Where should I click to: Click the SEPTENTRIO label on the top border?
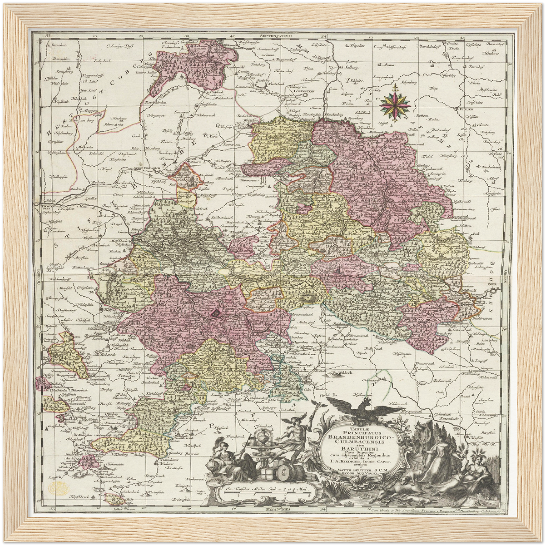click(x=274, y=36)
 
